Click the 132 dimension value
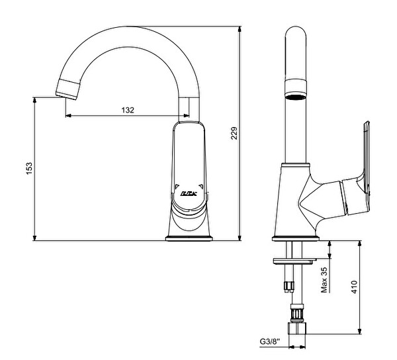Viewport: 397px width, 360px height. [127, 110]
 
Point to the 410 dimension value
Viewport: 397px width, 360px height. [354, 287]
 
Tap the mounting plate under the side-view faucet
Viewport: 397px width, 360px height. [295, 259]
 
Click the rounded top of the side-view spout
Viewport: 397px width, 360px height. [296, 34]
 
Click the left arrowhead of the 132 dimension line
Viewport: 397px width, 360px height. [67, 116]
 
